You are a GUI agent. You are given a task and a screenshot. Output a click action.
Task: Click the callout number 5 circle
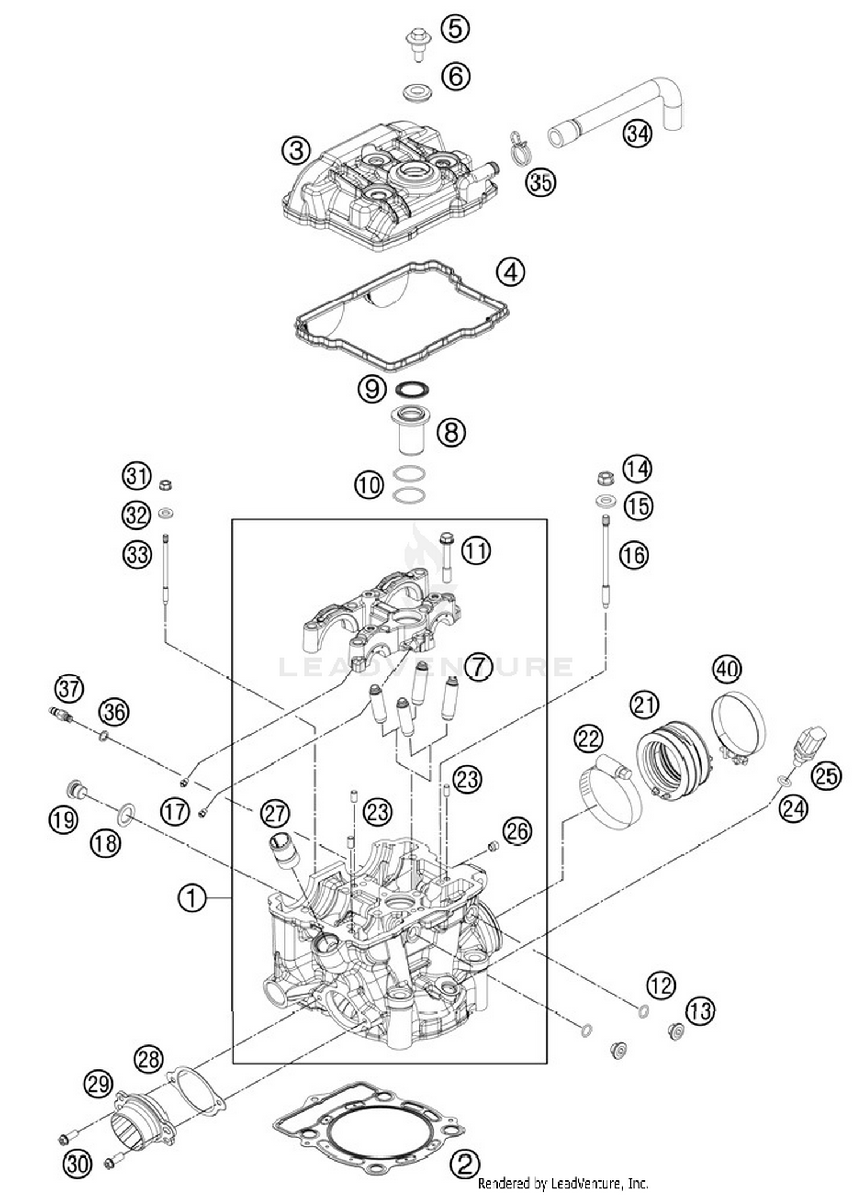(456, 28)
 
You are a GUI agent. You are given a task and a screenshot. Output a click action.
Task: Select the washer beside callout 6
(416, 91)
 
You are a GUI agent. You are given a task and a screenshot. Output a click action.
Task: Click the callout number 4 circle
(510, 272)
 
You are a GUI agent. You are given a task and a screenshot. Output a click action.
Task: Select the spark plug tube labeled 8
(412, 429)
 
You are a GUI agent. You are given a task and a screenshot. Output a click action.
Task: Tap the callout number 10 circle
(370, 485)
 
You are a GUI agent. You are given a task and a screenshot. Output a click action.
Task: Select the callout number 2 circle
(465, 1165)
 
